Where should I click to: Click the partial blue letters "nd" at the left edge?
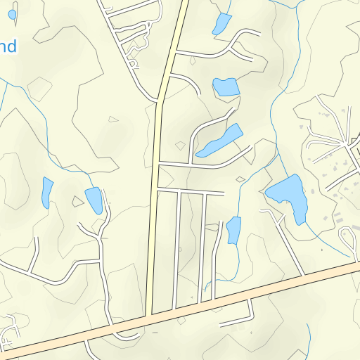(7, 47)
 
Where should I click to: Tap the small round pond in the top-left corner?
(12, 14)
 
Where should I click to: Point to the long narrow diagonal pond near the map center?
(220, 141)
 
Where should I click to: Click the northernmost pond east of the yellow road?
(221, 24)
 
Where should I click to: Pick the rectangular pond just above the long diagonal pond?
(226, 87)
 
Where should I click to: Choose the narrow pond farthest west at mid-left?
(47, 191)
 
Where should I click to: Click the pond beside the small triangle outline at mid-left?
(94, 200)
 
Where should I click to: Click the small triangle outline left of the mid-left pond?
(78, 202)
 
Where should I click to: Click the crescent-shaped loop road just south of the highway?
(127, 335)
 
